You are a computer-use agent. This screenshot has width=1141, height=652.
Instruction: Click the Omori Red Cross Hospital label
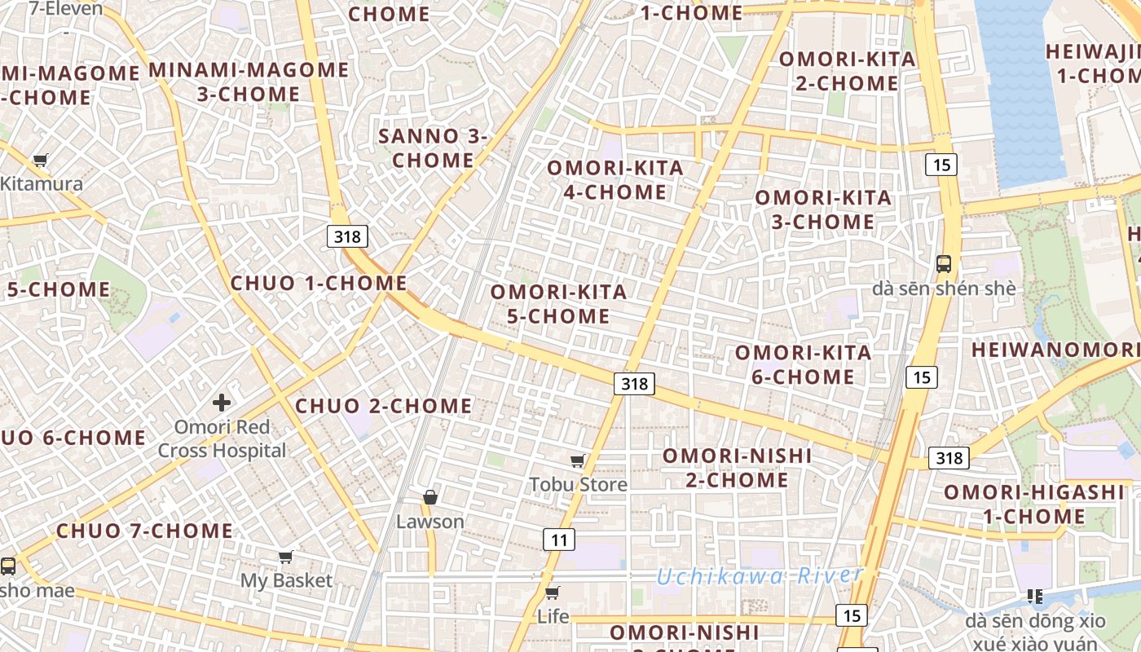pos(222,438)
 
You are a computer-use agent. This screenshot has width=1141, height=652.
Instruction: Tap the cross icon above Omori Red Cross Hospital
pos(222,402)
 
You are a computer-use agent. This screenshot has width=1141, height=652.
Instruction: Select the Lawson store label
pos(430,522)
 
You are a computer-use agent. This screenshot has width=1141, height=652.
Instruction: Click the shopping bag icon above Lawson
pos(430,497)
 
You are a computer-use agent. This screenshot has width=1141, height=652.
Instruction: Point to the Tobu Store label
pos(579,485)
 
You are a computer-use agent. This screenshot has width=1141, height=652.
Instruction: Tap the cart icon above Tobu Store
pos(578,461)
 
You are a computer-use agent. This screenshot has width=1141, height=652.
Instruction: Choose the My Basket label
pos(286,580)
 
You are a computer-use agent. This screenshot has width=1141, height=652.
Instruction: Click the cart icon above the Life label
pos(552,593)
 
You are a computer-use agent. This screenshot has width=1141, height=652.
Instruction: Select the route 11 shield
pos(558,539)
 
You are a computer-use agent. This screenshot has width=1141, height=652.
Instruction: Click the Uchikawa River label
pos(760,576)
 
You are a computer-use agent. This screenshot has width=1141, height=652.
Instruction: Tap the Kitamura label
pos(42,183)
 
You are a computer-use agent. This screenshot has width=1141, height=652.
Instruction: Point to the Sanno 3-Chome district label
pos(433,148)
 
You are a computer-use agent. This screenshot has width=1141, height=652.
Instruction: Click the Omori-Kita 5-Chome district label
pos(558,303)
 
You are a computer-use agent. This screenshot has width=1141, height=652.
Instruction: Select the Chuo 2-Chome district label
pos(383,406)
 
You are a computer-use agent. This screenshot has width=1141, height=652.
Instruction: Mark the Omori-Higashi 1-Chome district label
pos(1033,504)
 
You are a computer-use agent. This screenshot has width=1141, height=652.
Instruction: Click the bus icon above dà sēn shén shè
pos(944,264)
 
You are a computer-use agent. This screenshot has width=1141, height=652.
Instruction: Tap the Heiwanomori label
pos(1055,350)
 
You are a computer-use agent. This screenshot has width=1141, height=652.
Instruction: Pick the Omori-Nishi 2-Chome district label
pos(737,467)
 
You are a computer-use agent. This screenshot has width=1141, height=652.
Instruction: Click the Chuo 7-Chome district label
pos(144,531)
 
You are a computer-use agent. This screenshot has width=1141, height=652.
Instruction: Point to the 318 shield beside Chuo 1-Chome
pos(349,236)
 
